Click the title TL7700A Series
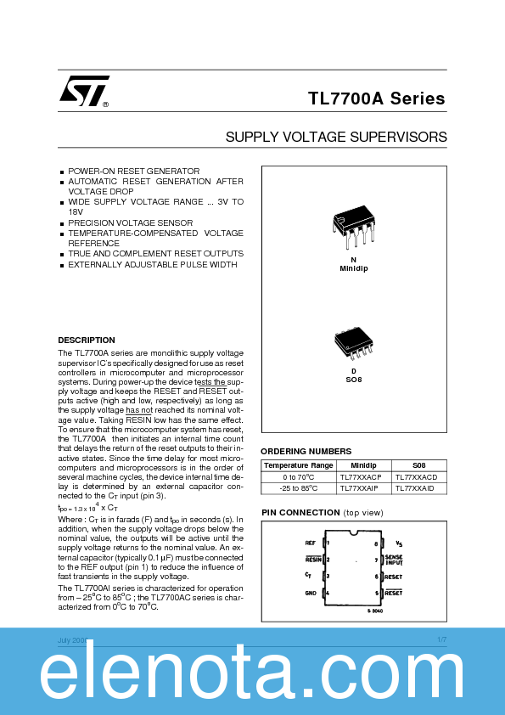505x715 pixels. [x=376, y=99]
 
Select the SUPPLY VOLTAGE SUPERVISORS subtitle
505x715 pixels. [x=335, y=136]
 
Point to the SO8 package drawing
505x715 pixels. [x=353, y=342]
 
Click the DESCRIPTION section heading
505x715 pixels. [x=86, y=340]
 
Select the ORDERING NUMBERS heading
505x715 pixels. [x=306, y=451]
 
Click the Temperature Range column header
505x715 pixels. [x=298, y=465]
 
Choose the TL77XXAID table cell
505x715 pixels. [x=414, y=488]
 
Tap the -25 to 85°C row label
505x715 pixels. [x=298, y=488]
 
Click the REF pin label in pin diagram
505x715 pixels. [x=310, y=542]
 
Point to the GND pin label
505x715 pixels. [x=310, y=592]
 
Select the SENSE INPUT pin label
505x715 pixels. [x=393, y=560]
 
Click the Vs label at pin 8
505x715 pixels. [x=399, y=542]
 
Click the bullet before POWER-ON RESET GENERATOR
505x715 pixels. [x=62, y=172]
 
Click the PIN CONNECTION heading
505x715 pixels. [x=300, y=513]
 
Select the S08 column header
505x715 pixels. [x=418, y=465]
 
